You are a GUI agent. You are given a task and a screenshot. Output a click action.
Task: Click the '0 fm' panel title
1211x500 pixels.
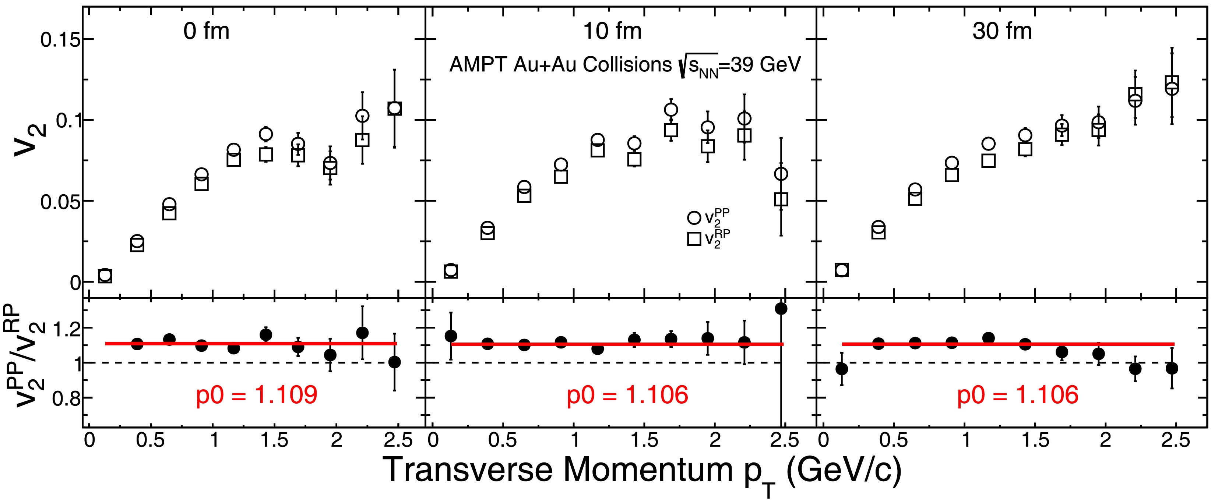(x=207, y=32)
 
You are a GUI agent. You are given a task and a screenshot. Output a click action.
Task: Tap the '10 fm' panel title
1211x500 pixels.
(x=612, y=32)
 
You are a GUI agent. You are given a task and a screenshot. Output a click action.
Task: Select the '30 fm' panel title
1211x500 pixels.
(x=1002, y=32)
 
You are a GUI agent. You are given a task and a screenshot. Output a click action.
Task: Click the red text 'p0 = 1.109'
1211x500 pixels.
(x=257, y=395)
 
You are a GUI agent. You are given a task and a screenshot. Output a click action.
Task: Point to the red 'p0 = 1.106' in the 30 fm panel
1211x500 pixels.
(x=1018, y=395)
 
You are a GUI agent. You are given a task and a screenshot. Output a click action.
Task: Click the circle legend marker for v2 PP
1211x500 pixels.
(x=694, y=217)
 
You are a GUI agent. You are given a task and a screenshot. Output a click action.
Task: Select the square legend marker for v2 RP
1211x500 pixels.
(x=694, y=239)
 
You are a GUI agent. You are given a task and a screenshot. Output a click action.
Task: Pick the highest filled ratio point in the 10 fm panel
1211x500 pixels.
(x=781, y=309)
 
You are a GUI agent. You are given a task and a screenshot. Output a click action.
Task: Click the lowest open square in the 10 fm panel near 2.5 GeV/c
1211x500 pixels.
(x=781, y=200)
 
